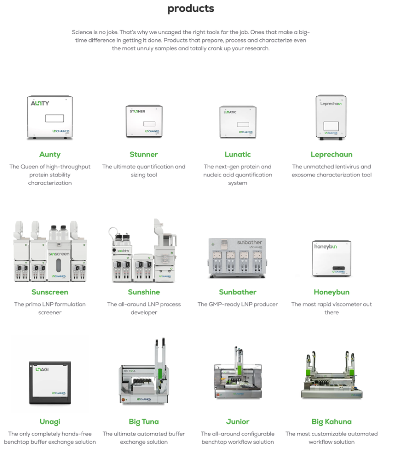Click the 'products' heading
(x=190, y=9)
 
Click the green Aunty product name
(x=50, y=154)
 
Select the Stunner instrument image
(x=144, y=121)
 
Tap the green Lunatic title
(x=237, y=154)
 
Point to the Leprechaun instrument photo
(x=331, y=117)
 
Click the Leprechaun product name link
(x=331, y=154)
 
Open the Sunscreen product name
(x=50, y=292)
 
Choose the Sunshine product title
(x=144, y=292)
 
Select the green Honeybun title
(x=331, y=292)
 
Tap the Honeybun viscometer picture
(x=332, y=259)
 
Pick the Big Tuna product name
(x=144, y=421)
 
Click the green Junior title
(x=237, y=421)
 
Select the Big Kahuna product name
(x=331, y=421)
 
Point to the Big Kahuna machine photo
(x=332, y=375)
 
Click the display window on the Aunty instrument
(x=54, y=119)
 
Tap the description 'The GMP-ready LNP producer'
(x=237, y=304)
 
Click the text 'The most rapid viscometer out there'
(x=331, y=308)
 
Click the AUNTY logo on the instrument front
(x=40, y=104)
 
